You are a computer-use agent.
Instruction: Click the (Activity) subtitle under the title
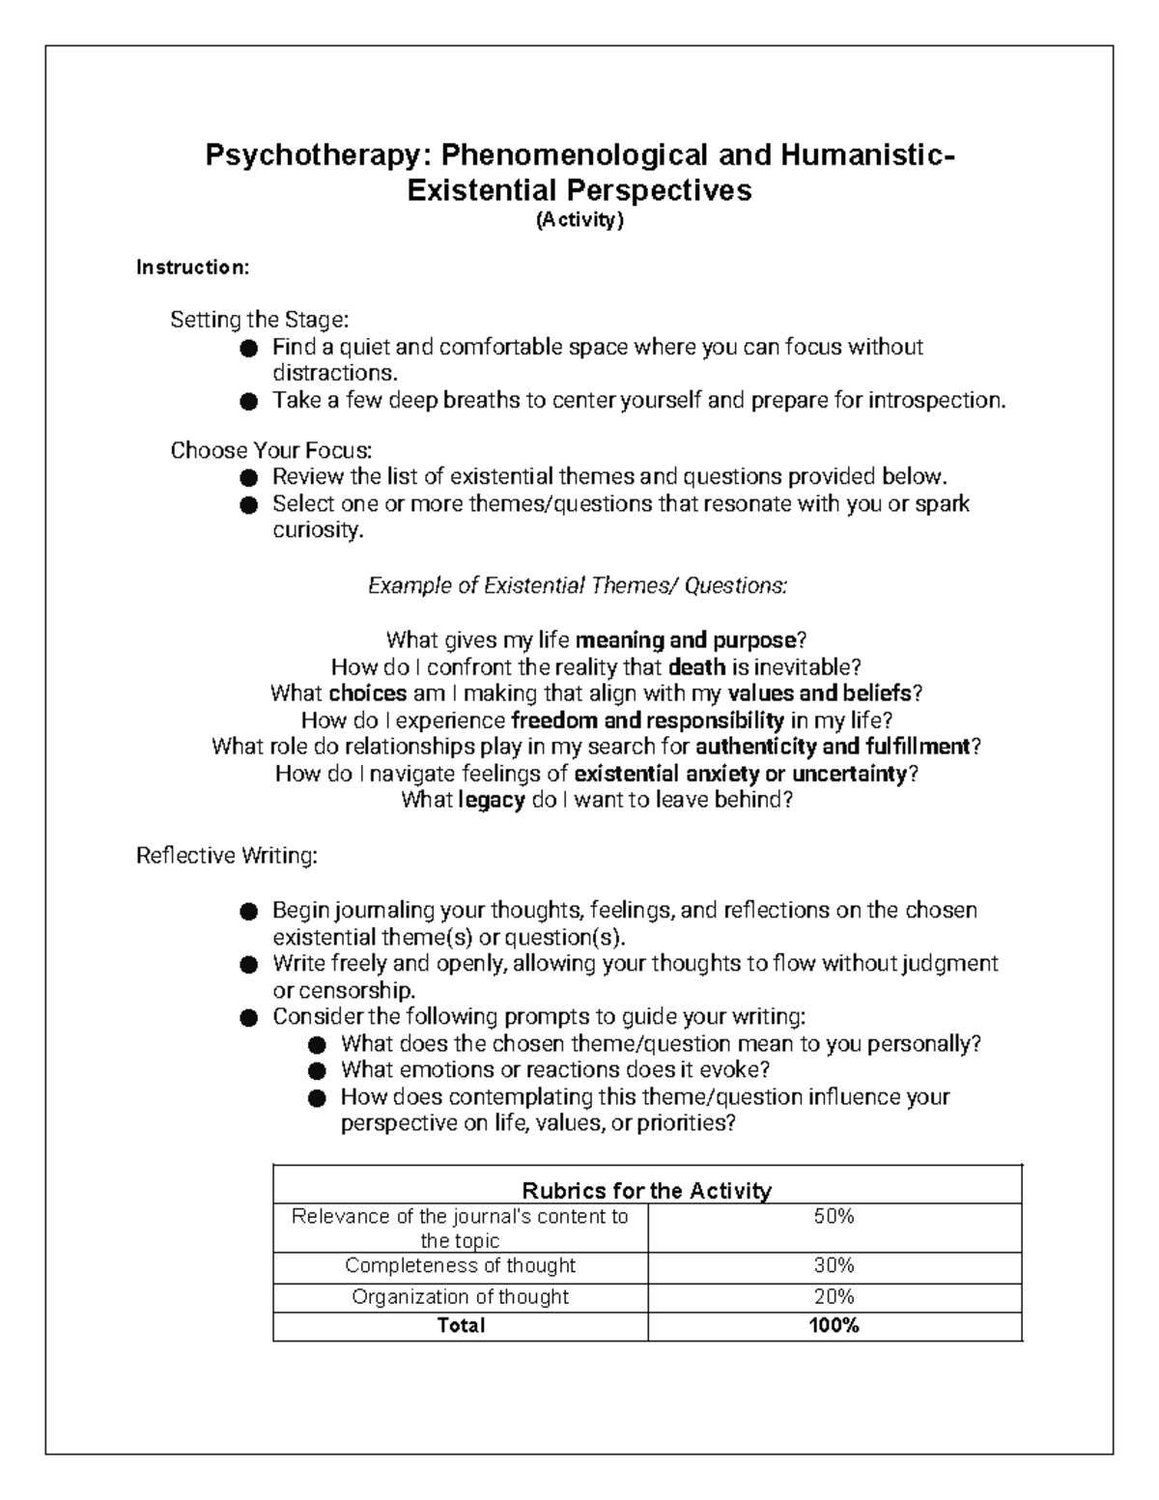580,220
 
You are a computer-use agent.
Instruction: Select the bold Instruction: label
192,268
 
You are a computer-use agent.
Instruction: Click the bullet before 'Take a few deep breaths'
249,401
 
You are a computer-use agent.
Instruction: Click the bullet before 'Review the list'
249,477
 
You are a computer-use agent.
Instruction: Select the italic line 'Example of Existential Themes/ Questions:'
578,585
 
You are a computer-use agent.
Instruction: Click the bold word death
696,666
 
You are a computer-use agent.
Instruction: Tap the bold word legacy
492,800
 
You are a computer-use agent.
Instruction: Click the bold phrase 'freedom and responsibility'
647,720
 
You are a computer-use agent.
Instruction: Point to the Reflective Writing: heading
226,856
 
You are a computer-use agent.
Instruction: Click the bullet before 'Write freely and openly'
249,964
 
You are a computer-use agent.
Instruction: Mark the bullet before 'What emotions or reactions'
318,1071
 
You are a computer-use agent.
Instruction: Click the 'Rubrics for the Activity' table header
646,1190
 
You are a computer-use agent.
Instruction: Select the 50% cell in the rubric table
834,1217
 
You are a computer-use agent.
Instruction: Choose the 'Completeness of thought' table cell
460,1265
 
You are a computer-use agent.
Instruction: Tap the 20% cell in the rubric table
834,1296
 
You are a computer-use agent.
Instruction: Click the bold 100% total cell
834,1326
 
